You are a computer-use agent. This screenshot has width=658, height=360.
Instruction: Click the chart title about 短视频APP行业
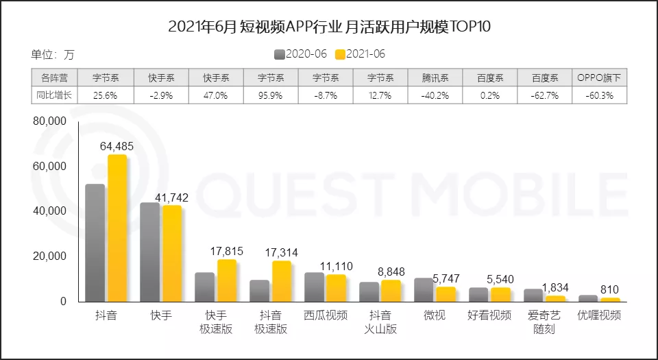coord(329,27)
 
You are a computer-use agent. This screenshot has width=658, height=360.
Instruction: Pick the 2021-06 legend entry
coord(361,54)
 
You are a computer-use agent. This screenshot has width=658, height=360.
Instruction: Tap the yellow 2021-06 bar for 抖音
coord(117,228)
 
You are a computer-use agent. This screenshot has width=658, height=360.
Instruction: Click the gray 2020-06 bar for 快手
coord(150,252)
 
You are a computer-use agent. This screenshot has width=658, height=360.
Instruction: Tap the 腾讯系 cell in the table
coord(435,78)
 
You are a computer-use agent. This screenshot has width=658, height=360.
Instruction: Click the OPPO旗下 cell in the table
coord(599,78)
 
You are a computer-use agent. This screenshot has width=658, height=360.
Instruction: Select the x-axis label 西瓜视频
coord(326,315)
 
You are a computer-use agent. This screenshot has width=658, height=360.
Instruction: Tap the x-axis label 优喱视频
coord(599,315)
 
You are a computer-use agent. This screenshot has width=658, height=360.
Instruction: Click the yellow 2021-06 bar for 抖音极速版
coord(282,281)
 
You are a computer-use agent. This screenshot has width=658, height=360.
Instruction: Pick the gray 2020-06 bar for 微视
coord(424,289)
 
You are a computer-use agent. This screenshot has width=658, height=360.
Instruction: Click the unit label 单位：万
coord(53,54)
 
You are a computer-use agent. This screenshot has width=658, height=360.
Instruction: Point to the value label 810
coord(610,289)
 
